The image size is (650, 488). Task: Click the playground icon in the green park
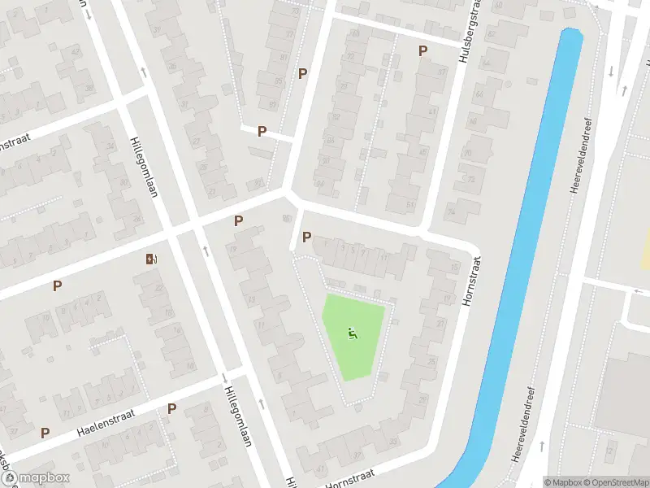point(352,333)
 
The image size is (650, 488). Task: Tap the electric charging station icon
point(151,259)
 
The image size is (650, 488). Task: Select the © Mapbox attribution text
point(565,481)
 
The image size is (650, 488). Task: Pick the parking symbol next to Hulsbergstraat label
point(422,50)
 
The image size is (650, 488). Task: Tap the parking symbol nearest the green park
point(306,237)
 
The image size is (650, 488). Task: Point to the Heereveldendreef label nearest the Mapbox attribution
point(523,423)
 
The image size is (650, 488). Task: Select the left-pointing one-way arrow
point(638,290)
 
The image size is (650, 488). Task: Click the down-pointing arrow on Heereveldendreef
point(610,72)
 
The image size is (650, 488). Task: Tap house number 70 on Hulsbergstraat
point(468,153)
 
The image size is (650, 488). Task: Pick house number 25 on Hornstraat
point(423,400)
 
